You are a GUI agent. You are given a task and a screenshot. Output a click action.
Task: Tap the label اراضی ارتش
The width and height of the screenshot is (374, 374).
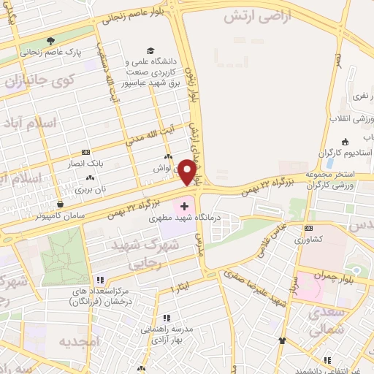click(x=266, y=15)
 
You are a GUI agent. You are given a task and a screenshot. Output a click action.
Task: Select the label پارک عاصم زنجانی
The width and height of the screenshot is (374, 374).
click(x=51, y=53)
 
